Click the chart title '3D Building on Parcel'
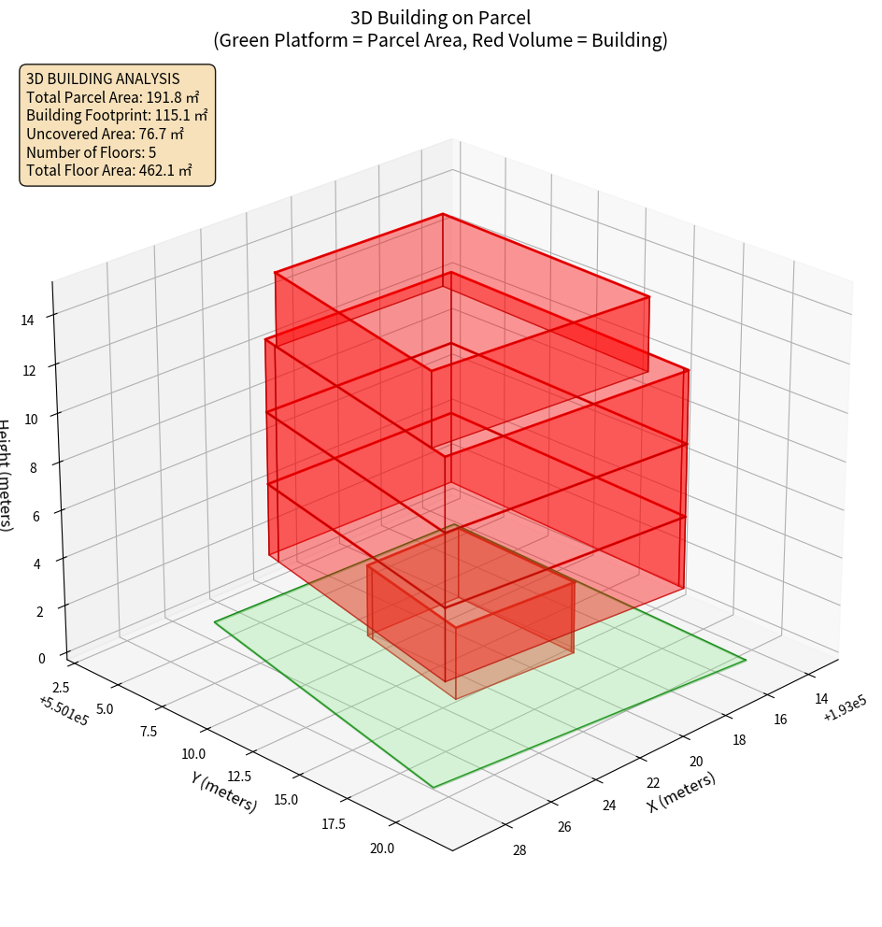click(x=440, y=17)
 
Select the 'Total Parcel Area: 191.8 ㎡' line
click(x=113, y=97)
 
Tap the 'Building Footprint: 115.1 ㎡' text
click(x=117, y=116)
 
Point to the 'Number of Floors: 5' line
click(x=92, y=152)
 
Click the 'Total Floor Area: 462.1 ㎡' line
click(x=109, y=171)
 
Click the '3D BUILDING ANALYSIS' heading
click(x=103, y=79)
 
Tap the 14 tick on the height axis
click(x=27, y=320)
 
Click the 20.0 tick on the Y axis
click(x=381, y=849)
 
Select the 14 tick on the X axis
click(x=821, y=699)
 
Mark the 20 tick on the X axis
click(x=695, y=763)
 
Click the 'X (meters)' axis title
click(x=682, y=792)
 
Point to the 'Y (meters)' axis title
click(x=223, y=792)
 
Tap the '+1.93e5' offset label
click(x=845, y=715)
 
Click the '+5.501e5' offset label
click(x=64, y=711)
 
